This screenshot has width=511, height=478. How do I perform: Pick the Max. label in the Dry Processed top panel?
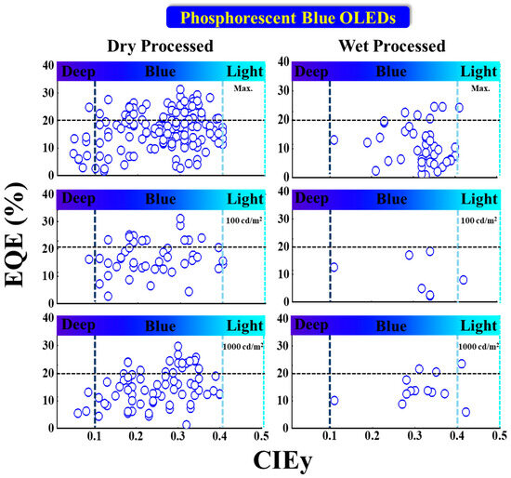243,88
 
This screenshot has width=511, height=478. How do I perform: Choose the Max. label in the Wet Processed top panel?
479,88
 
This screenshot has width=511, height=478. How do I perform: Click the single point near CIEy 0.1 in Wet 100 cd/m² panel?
334,267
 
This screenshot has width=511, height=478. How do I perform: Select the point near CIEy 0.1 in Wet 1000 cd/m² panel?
334,401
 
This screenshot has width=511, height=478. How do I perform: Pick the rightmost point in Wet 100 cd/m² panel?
463,280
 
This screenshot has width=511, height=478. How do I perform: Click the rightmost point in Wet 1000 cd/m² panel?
465,412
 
